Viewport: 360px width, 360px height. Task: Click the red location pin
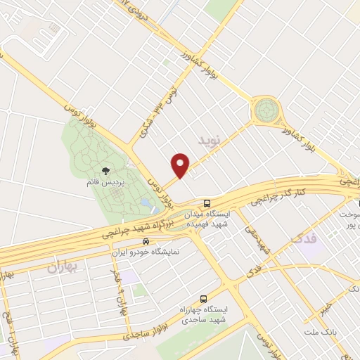(x=181, y=165)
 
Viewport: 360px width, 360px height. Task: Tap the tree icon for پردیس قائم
(x=105, y=170)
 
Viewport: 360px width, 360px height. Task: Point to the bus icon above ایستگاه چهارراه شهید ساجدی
(x=203, y=298)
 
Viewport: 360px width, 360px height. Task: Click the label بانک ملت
(x=322, y=330)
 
